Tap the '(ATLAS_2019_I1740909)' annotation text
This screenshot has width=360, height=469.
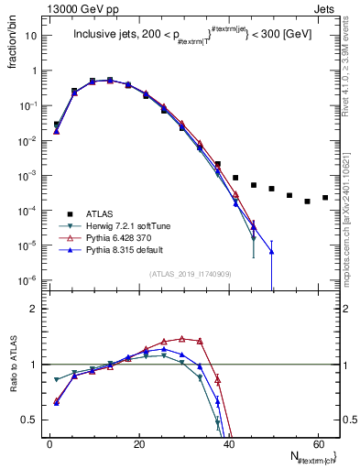pyautogui.click(x=191, y=272)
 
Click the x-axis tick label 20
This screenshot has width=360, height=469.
pyautogui.click(x=138, y=442)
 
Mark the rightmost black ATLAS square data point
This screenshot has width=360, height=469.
pyautogui.click(x=325, y=197)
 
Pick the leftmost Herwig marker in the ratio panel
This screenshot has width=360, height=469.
pyautogui.click(x=57, y=379)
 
